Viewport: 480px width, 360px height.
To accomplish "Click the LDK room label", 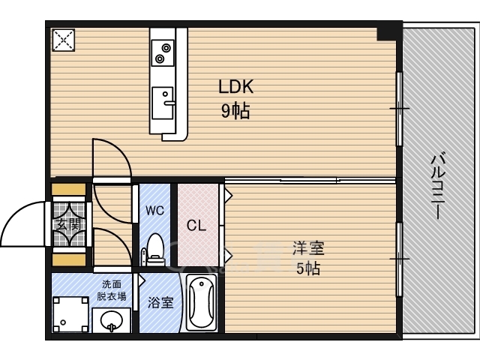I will coord(236,87).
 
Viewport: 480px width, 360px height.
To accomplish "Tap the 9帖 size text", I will coord(235,112).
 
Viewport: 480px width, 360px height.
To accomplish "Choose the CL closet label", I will coord(196,223).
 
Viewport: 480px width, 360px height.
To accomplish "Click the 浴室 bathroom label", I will coord(160,303).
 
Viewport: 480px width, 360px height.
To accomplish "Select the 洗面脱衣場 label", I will coord(112,289).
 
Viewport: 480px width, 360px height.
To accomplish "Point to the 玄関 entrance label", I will coord(69,223).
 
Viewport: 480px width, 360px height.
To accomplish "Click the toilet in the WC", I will coord(156,248).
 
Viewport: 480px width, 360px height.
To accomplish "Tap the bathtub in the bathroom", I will coord(200,304).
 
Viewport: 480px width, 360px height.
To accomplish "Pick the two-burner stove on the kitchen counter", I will coord(163,51).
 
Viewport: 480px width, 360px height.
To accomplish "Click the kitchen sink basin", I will coord(163,102).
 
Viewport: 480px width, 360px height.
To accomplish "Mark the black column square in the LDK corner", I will coord(388,32).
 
